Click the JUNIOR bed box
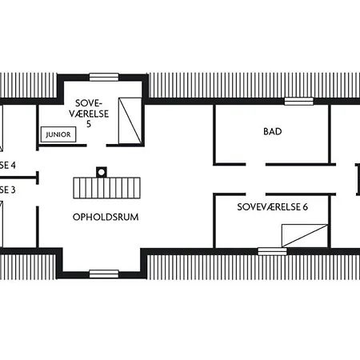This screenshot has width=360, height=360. point(58,134)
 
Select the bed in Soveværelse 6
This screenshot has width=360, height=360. point(304,235)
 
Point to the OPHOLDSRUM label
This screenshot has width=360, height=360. point(101,216)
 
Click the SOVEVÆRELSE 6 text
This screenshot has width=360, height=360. point(273,206)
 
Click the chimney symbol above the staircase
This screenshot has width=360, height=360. point(101,170)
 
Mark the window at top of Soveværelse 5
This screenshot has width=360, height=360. point(103,77)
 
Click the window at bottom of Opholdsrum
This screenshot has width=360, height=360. point(103,274)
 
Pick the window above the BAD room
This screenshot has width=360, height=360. point(299,101)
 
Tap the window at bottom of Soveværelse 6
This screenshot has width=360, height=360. point(272,250)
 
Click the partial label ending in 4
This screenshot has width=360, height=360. point(8,166)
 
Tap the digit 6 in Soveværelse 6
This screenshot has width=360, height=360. point(305,206)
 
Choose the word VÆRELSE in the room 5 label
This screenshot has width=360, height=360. point(90,114)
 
